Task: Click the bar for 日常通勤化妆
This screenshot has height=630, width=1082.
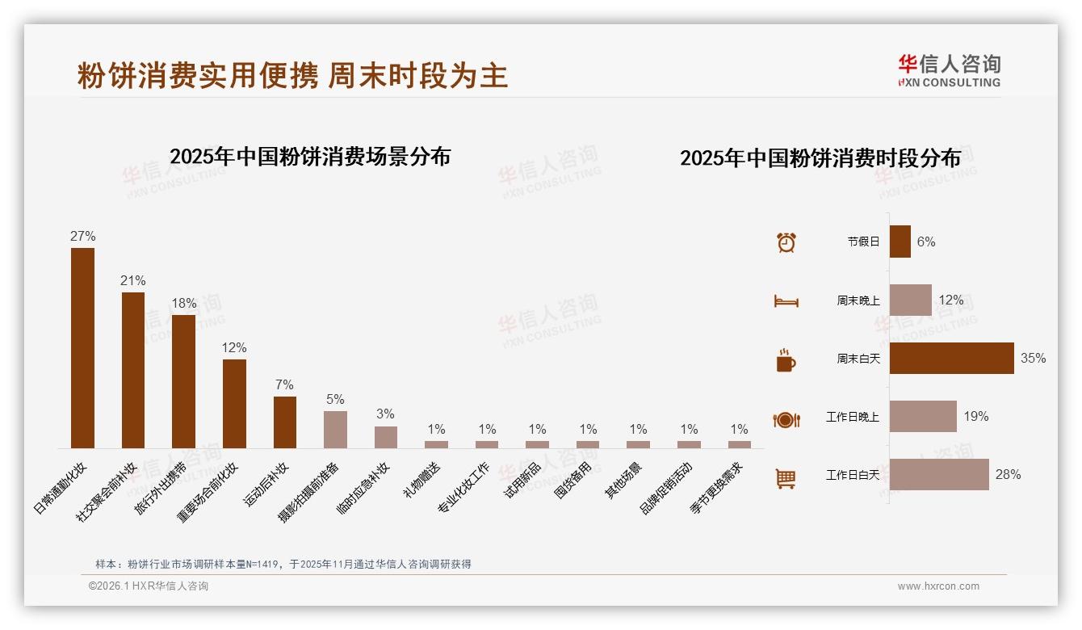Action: (82, 347)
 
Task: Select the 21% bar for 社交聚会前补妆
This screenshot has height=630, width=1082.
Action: (133, 370)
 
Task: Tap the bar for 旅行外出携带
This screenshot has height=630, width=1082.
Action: (183, 381)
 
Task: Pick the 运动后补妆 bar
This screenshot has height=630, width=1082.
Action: (285, 422)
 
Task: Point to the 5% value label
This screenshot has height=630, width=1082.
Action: (335, 399)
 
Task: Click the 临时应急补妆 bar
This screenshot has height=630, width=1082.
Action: (386, 437)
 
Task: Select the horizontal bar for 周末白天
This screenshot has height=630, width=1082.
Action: (951, 358)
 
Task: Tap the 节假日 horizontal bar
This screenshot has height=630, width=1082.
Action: (900, 241)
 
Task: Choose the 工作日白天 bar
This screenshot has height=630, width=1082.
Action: (939, 474)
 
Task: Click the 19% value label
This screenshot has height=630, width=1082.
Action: (975, 416)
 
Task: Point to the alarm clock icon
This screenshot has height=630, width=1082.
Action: (786, 241)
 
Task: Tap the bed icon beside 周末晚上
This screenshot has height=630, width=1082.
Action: (786, 300)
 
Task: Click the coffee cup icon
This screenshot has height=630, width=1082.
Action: (786, 359)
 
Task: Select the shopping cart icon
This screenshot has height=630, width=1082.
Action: (786, 478)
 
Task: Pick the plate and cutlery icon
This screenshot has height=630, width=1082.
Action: (786, 419)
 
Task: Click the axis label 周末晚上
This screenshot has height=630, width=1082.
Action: (858, 300)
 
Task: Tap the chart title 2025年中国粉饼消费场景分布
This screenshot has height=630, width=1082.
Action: (310, 156)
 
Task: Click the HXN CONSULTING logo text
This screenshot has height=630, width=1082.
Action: (950, 82)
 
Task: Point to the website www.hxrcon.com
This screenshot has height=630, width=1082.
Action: (938, 586)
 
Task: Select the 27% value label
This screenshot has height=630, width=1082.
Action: (82, 236)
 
